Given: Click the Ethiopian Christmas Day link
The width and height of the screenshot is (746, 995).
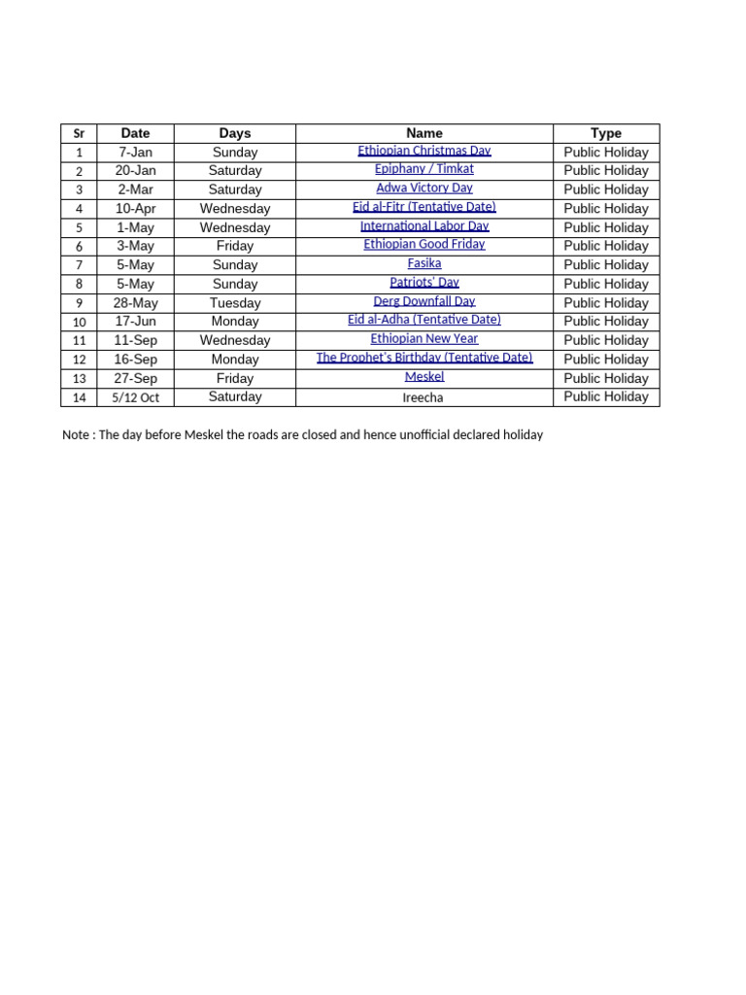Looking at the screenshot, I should click(x=424, y=151).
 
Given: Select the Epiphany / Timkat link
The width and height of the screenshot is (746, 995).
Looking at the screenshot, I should click(x=424, y=169).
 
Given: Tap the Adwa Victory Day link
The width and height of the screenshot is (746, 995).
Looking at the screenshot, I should click(x=424, y=188).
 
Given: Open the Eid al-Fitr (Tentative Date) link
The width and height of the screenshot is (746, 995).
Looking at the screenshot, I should click(x=424, y=207).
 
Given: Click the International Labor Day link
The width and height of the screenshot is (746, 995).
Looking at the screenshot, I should click(x=424, y=226).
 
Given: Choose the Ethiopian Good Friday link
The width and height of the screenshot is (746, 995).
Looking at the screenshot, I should click(x=424, y=245).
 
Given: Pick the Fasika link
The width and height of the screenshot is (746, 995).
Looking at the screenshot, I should click(x=424, y=263).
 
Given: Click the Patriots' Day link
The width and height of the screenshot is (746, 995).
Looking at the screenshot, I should click(x=424, y=283).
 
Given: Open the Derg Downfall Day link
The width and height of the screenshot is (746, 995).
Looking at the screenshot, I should click(x=424, y=301).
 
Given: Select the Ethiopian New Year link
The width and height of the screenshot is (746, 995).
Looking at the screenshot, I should click(x=424, y=339).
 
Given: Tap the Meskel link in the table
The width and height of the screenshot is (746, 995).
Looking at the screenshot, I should click(x=424, y=376).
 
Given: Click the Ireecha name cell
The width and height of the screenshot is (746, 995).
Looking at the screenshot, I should click(x=424, y=397).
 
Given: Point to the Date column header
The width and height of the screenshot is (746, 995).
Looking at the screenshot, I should click(x=136, y=133).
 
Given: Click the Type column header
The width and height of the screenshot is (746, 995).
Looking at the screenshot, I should click(x=606, y=133).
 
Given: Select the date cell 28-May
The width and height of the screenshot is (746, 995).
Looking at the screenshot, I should click(x=136, y=302).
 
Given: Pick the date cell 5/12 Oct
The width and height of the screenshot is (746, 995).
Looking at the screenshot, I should click(x=136, y=397).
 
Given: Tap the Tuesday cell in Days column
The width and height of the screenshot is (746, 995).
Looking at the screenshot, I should click(x=235, y=302).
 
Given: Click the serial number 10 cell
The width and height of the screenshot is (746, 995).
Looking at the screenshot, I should click(x=80, y=322).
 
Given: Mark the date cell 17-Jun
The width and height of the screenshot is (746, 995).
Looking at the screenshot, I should click(x=136, y=321).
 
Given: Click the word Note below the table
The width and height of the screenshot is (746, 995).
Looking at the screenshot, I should click(x=77, y=435).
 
